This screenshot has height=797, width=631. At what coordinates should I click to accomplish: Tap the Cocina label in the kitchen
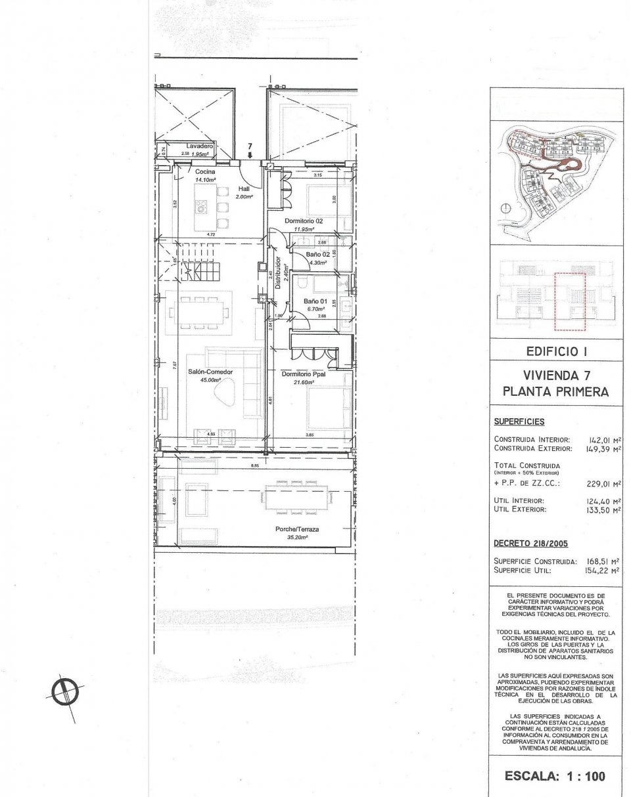(x=205, y=171)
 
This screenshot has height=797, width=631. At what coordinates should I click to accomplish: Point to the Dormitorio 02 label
(x=303, y=221)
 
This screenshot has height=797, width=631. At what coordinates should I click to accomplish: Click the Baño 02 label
(x=318, y=253)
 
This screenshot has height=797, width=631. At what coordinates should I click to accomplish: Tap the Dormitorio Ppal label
(x=304, y=374)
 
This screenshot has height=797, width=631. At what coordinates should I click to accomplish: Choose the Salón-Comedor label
(x=211, y=372)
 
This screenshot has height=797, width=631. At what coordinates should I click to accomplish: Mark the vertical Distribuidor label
(x=279, y=273)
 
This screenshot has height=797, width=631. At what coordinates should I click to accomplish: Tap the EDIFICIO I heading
(x=556, y=352)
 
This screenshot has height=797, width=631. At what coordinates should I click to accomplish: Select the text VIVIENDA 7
(x=556, y=377)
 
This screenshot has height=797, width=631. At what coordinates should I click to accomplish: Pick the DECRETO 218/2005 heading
(x=530, y=544)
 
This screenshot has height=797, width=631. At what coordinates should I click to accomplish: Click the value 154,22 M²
(x=601, y=571)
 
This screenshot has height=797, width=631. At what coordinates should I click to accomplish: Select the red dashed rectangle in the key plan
(x=569, y=301)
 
